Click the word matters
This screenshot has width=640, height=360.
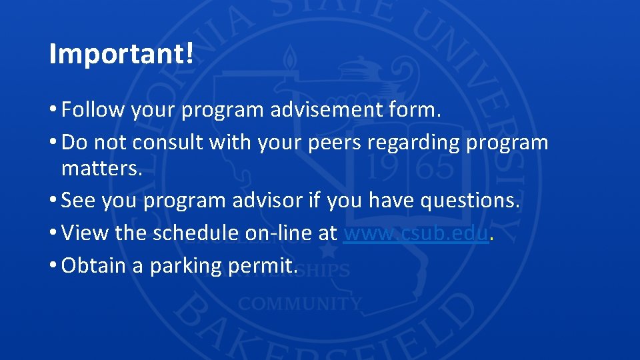tap(102, 168)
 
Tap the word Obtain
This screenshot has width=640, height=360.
tap(93, 266)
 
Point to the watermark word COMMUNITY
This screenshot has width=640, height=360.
tap(300, 304)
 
